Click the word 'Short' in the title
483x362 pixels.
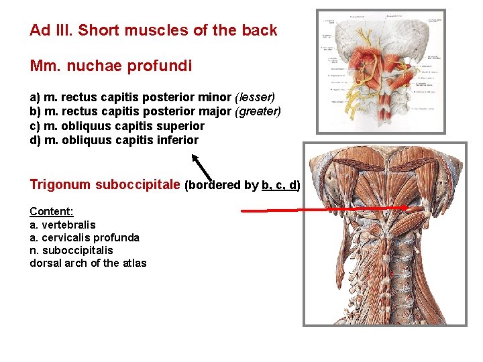[99, 30]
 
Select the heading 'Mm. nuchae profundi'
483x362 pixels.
[111, 66]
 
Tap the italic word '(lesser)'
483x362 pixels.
[254, 97]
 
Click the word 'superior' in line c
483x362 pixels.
[182, 126]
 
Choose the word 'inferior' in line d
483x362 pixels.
[177, 140]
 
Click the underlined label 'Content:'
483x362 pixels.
[51, 211]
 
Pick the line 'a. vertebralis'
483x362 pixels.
[62, 225]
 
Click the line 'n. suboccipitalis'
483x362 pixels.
[72, 250]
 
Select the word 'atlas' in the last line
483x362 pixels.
[133, 263]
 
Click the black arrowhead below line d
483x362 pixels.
[195, 158]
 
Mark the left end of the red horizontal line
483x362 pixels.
[243, 211]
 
